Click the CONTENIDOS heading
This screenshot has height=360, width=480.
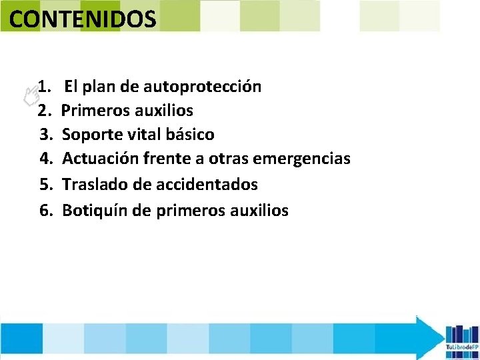[x=83, y=19]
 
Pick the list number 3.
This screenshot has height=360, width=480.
[x=46, y=135]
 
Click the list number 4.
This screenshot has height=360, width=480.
[x=46, y=159]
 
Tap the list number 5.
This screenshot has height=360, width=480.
[x=46, y=184]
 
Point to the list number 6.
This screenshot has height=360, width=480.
[x=46, y=211]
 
